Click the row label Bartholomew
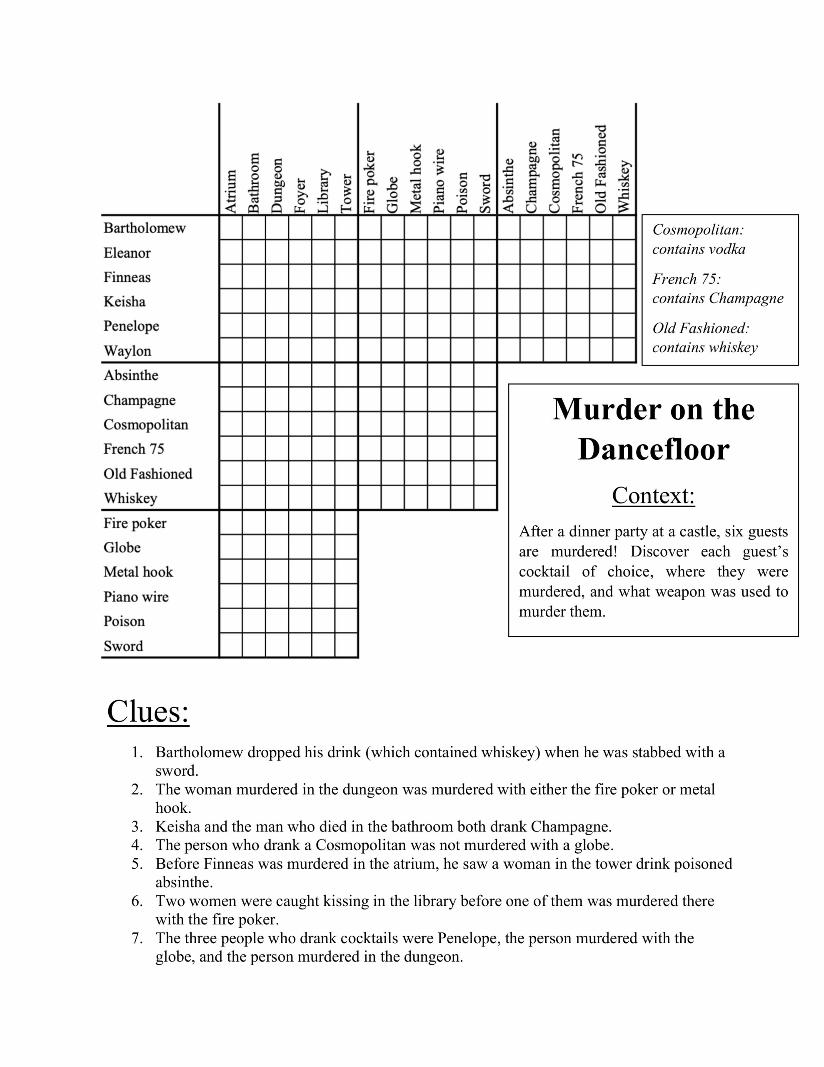pyautogui.click(x=145, y=228)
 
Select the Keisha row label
pyautogui.click(x=125, y=301)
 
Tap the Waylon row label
pyautogui.click(x=127, y=351)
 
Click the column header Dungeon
pyautogui.click(x=277, y=185)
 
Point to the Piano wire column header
pyautogui.click(x=439, y=181)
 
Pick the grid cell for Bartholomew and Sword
pyautogui.click(x=485, y=228)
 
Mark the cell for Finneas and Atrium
pyautogui.click(x=230, y=276)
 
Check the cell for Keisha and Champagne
pyautogui.click(x=532, y=301)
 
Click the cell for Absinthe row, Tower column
pyautogui.click(x=346, y=375)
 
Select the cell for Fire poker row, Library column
pyautogui.click(x=323, y=523)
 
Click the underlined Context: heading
pyautogui.click(x=653, y=496)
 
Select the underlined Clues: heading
pyautogui.click(x=148, y=711)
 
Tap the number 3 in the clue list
pyautogui.click(x=137, y=827)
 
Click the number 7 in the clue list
pyautogui.click(x=137, y=938)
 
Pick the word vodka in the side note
pyautogui.click(x=727, y=250)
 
